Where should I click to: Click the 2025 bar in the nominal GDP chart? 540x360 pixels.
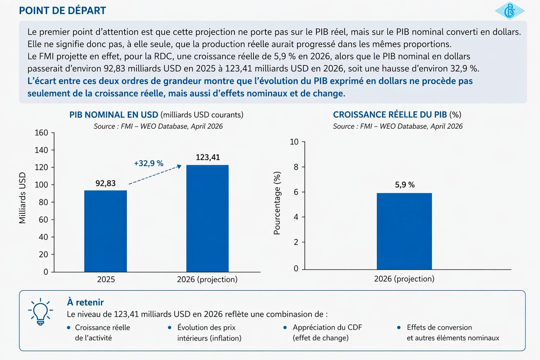pyautogui.click(x=106, y=231)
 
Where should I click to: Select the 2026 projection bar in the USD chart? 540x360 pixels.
pyautogui.click(x=207, y=218)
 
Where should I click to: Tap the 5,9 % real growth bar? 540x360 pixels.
pyautogui.click(x=404, y=231)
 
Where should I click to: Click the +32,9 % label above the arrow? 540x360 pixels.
pyautogui.click(x=148, y=164)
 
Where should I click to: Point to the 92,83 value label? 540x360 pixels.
pyautogui.click(x=106, y=184)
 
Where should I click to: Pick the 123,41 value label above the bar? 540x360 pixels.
pyautogui.click(x=208, y=158)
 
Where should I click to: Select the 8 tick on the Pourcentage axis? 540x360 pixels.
pyautogui.click(x=295, y=167)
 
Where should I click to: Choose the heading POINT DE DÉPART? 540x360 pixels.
pyautogui.click(x=63, y=10)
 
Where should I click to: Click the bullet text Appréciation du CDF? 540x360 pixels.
pyautogui.click(x=327, y=328)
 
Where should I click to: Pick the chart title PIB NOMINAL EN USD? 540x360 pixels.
pyautogui.click(x=113, y=115)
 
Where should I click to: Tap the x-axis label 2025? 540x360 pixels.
pyautogui.click(x=106, y=279)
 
